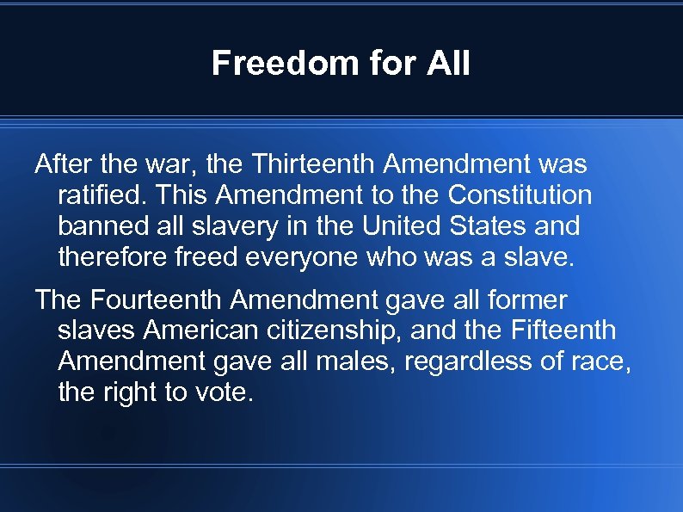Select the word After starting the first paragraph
click(x=62, y=163)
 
